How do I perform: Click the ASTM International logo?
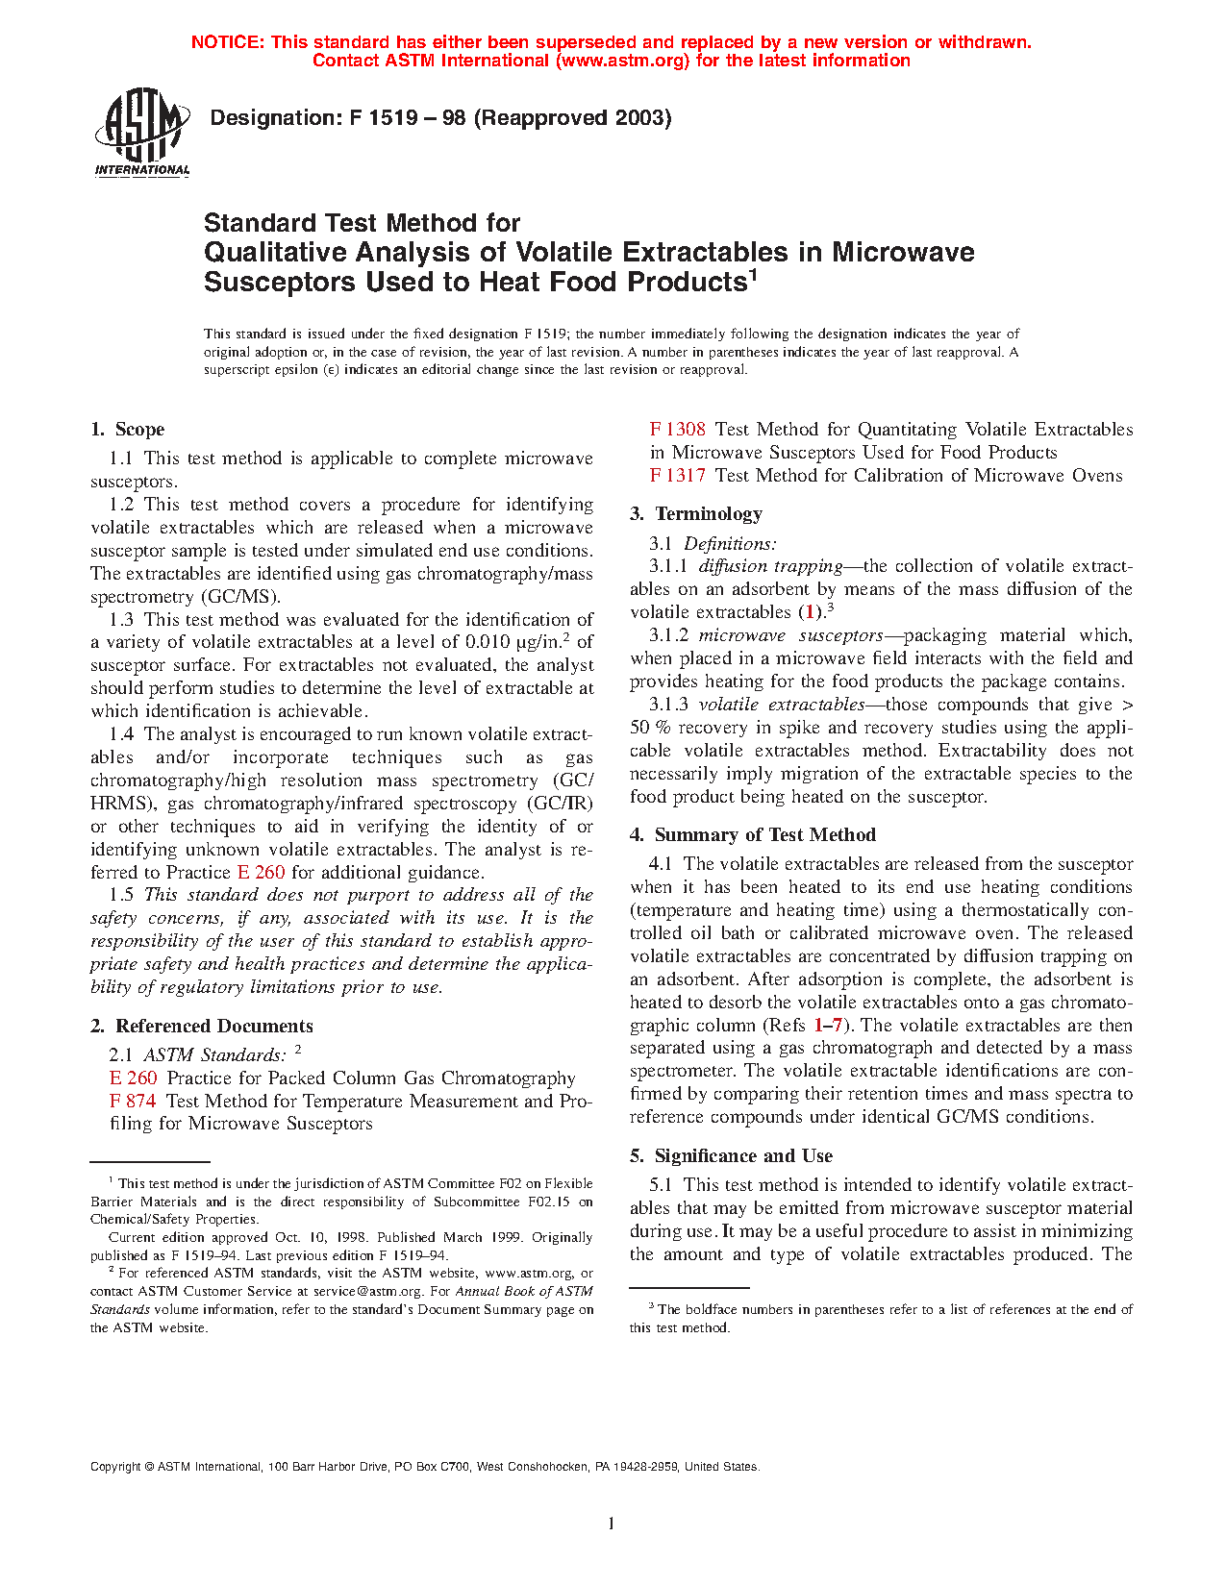(x=142, y=132)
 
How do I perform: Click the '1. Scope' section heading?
(x=128, y=430)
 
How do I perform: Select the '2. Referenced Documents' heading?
(x=202, y=1026)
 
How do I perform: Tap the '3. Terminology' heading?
(x=696, y=514)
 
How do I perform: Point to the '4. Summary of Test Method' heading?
(x=753, y=835)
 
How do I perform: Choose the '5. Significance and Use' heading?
(x=732, y=1156)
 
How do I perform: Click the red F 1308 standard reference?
(x=678, y=430)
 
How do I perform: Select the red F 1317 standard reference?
(x=678, y=476)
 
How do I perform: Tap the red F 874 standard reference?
(x=133, y=1101)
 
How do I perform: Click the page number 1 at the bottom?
(x=612, y=1524)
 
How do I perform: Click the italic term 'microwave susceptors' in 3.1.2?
(x=790, y=635)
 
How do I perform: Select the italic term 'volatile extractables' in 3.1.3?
(x=781, y=705)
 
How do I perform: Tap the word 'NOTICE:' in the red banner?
(x=228, y=42)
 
